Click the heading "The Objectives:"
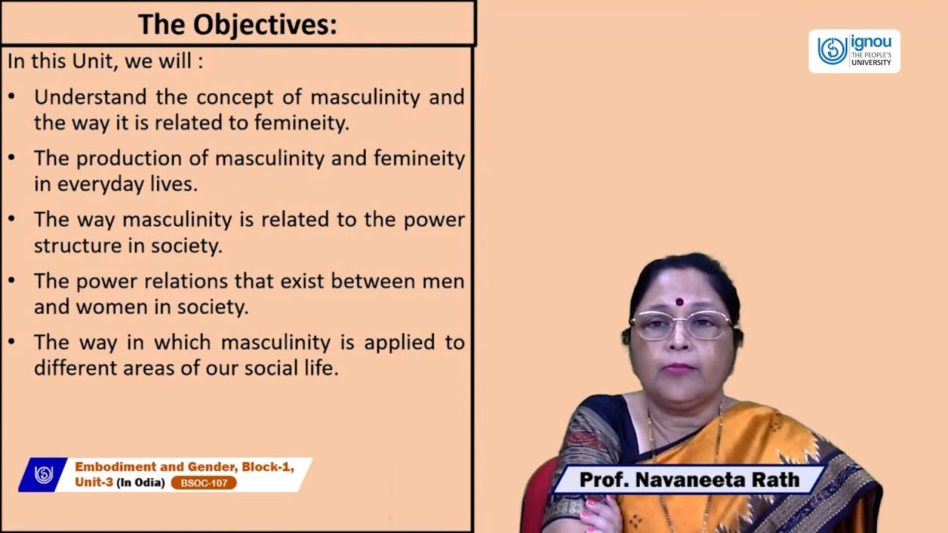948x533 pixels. (237, 24)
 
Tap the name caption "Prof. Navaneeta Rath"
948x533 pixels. (689, 480)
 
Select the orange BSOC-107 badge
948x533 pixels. (204, 483)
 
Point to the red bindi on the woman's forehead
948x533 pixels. (679, 301)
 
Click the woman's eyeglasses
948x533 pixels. (680, 324)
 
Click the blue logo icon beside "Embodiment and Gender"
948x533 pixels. (44, 475)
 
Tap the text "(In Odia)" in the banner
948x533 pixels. (141, 483)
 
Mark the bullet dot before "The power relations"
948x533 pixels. (12, 281)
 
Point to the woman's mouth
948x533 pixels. (679, 367)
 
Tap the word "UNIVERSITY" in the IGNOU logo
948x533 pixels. (871, 62)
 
